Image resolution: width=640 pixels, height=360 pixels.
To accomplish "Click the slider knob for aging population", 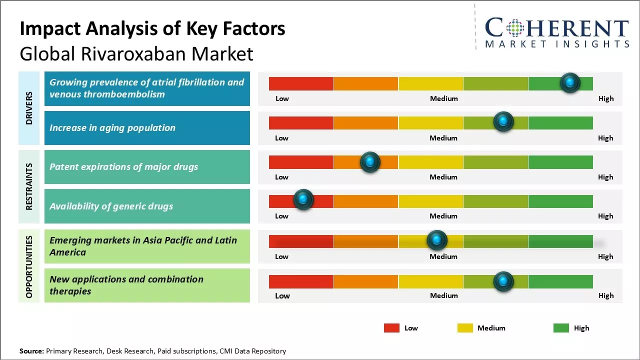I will pyautogui.click(x=503, y=121).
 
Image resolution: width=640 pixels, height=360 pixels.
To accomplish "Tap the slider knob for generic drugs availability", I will pyautogui.click(x=303, y=199).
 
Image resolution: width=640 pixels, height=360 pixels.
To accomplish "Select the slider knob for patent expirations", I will pyautogui.click(x=370, y=162).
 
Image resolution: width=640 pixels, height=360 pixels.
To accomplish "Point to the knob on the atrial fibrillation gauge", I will pyautogui.click(x=570, y=82).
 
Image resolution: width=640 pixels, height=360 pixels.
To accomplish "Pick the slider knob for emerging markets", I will pyautogui.click(x=437, y=240).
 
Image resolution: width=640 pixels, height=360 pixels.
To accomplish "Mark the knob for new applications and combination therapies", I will pyautogui.click(x=503, y=281).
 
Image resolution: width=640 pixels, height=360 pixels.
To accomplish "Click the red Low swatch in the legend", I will pyautogui.click(x=391, y=328).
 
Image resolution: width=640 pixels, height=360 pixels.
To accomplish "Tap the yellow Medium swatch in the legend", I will pyautogui.click(x=465, y=328).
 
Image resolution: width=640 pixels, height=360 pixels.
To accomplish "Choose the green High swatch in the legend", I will pyautogui.click(x=561, y=328).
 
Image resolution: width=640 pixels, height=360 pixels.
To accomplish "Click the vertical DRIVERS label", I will pyautogui.click(x=29, y=108).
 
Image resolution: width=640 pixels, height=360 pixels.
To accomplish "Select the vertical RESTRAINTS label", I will pyautogui.click(x=29, y=186).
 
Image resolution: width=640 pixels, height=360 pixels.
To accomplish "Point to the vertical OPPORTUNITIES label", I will pyautogui.click(x=29, y=266).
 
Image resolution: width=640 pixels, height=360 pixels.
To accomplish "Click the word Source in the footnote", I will pyautogui.click(x=31, y=351).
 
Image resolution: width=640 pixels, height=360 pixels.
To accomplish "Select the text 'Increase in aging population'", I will pyautogui.click(x=112, y=128).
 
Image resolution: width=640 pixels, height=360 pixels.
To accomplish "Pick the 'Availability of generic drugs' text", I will pyautogui.click(x=111, y=206).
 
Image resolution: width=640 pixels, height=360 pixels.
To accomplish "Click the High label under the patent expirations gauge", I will pyautogui.click(x=605, y=177).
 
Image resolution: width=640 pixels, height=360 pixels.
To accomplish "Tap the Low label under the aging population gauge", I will pyautogui.click(x=281, y=138).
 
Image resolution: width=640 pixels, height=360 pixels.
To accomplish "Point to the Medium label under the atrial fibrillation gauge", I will pyautogui.click(x=444, y=98).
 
